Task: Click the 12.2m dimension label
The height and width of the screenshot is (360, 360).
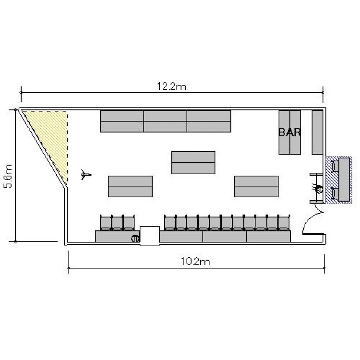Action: [x=171, y=86]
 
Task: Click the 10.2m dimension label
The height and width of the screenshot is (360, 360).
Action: [x=195, y=262]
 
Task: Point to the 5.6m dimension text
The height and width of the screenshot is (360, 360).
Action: [x=8, y=176]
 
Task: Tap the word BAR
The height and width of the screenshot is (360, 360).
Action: [x=290, y=132]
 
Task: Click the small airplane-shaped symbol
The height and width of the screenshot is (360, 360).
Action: [x=86, y=175]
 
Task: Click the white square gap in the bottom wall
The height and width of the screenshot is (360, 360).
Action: [x=150, y=236]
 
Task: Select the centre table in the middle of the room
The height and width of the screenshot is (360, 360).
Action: [x=193, y=163]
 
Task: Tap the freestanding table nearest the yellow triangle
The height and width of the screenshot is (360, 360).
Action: [x=130, y=186]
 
